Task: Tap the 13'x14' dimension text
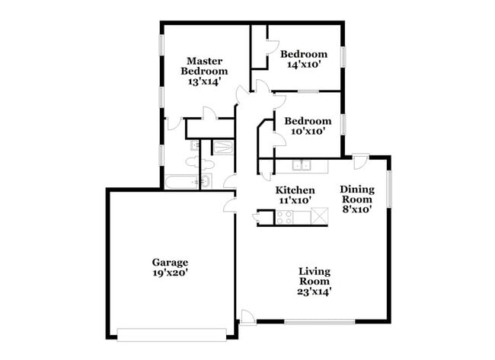coord(204,81)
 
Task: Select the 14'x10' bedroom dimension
coord(303,65)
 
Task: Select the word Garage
coord(170,263)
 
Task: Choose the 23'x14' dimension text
coord(315,291)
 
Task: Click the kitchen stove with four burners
coord(284,217)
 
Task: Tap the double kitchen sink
coord(303,164)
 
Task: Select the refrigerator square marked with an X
coord(319,217)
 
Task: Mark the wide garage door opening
coord(172,332)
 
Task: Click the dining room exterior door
coord(360,161)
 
